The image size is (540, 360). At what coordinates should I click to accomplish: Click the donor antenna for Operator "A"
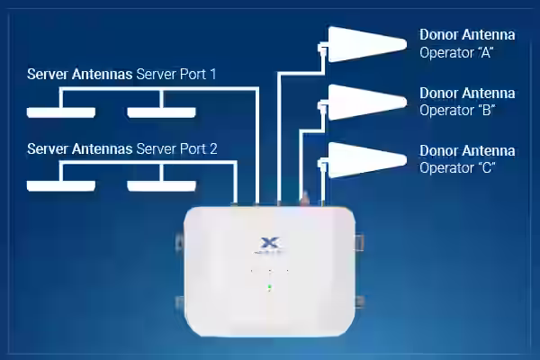[367, 44]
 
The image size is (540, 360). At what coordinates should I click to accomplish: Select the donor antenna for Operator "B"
[367, 103]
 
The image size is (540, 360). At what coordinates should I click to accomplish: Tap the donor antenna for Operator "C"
[367, 160]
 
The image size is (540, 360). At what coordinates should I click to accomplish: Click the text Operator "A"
[456, 53]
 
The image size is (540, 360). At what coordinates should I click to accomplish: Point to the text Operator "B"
[457, 111]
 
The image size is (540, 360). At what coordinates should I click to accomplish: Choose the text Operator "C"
[457, 168]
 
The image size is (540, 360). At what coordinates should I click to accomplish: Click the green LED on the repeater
[270, 286]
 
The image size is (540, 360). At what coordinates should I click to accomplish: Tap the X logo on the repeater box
[270, 242]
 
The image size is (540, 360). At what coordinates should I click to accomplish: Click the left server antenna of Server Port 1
[61, 112]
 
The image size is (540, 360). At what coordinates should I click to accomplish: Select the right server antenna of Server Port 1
[161, 112]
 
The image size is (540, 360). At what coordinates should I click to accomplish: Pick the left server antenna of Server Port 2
[61, 186]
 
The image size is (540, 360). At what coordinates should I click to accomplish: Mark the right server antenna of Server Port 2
[161, 186]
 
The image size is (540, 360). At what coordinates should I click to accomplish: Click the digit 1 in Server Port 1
[212, 75]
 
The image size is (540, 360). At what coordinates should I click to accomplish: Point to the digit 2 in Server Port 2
[213, 149]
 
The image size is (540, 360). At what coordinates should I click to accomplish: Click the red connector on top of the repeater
[305, 199]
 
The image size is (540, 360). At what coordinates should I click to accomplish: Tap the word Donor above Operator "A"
[438, 35]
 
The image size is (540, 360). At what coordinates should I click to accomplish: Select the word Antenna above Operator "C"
[489, 151]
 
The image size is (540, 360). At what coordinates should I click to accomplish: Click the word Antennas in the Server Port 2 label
[103, 149]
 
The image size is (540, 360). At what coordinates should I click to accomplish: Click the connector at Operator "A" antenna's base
[323, 49]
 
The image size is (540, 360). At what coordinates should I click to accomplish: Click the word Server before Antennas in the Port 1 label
[48, 75]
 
